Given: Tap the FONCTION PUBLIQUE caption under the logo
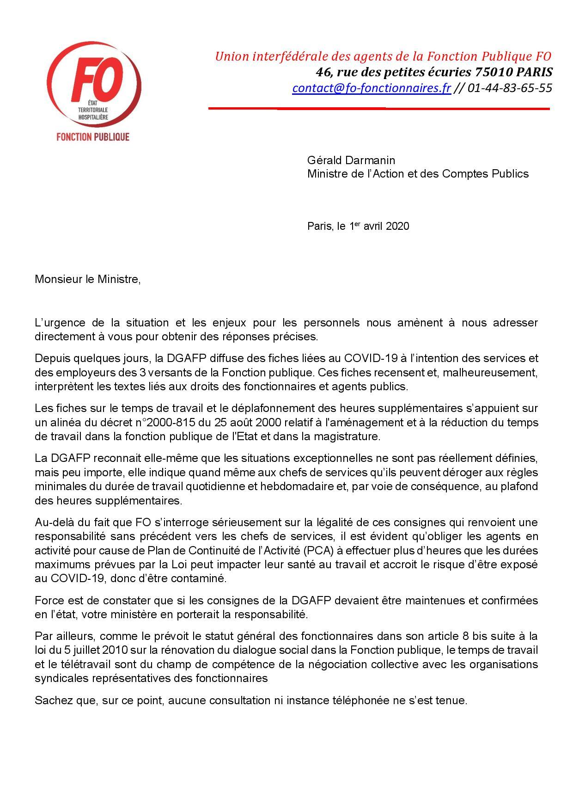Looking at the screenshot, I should point(92,137).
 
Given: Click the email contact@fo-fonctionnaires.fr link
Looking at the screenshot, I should point(371,88).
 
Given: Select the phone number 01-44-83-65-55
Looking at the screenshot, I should point(510,88).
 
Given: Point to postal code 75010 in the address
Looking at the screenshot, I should point(492,72).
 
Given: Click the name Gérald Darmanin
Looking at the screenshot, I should point(351,160).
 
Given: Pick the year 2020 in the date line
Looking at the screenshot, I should point(397,226).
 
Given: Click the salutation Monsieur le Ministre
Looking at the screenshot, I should point(87,279).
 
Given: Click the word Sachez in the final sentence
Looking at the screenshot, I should point(50,700).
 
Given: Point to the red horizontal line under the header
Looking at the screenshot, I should point(379,109).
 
